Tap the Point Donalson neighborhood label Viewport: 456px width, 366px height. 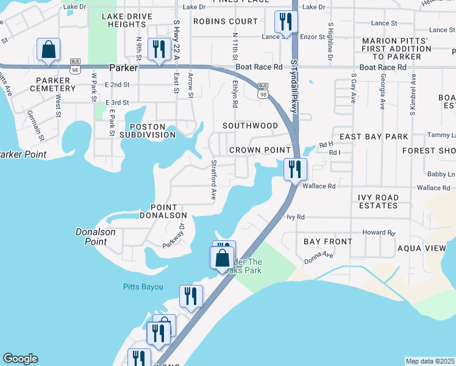pos(163,211)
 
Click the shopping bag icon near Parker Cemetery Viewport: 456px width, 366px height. pos(48,49)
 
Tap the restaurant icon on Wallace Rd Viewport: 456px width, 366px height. pos(295,169)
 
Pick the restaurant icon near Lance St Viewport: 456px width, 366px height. pos(285,22)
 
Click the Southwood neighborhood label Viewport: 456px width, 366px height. pos(250,126)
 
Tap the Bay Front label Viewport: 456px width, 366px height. pos(328,242)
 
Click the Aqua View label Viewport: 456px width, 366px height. pos(421,248)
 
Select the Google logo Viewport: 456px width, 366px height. pos(20,359)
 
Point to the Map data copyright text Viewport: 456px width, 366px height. pos(430,361)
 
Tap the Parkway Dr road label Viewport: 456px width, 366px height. pos(173,234)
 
